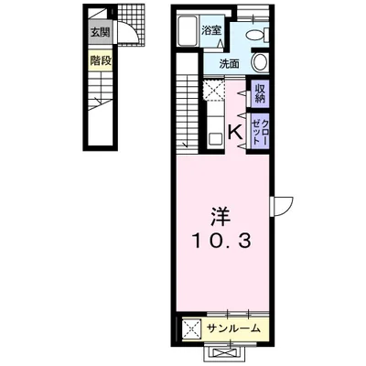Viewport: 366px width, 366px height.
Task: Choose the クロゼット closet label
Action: pos(261,130)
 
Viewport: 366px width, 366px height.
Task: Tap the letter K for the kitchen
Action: pos(234,133)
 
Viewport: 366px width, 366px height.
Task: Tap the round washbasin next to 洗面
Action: pos(260,63)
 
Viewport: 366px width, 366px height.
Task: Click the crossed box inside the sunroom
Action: pos(191,328)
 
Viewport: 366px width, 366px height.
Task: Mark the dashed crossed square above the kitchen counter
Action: pos(217,91)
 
